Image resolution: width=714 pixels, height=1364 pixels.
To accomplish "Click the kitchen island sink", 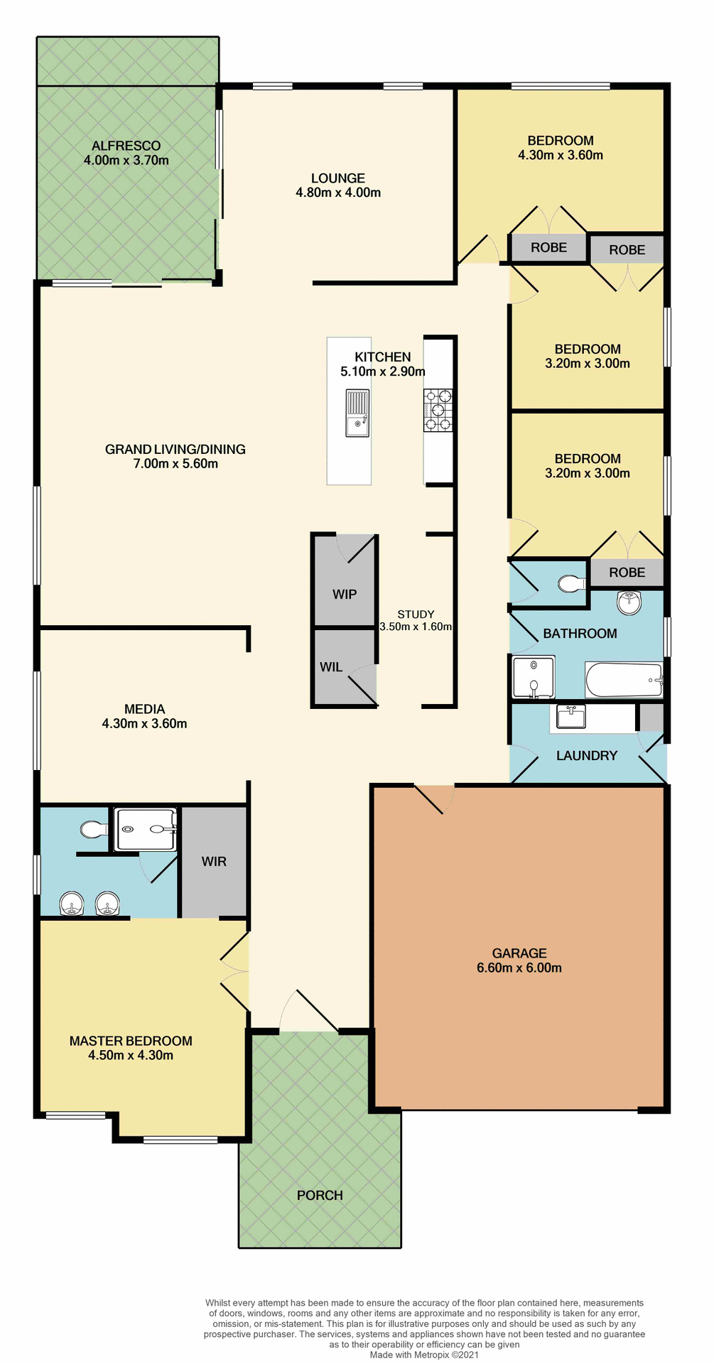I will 357,413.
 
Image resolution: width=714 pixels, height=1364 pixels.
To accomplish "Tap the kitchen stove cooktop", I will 438,410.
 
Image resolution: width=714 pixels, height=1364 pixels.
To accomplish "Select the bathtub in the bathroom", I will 623,680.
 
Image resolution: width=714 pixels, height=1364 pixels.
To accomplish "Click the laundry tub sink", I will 570,717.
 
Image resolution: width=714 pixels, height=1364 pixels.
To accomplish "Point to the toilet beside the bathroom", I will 570,584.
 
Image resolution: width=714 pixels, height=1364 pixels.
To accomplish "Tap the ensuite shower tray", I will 146,829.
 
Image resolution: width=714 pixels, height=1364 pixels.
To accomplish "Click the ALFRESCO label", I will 126,146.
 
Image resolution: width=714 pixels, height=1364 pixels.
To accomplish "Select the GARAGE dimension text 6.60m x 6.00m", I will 519,968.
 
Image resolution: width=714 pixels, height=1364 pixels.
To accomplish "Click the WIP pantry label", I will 345,594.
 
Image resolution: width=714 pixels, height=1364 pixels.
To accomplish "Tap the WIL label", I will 331,667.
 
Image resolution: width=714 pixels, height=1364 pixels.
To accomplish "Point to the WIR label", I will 214,862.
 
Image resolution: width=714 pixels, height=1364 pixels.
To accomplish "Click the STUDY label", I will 416,615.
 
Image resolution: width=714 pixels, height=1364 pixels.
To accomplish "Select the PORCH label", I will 320,1195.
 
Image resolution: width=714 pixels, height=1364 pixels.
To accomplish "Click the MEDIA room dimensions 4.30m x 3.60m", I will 144,724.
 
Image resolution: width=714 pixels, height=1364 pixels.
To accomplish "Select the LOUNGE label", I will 338,178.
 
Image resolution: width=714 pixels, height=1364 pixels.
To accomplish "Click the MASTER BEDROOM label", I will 131,1041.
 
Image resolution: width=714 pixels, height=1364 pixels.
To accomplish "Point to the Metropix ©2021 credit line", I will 424,1355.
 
